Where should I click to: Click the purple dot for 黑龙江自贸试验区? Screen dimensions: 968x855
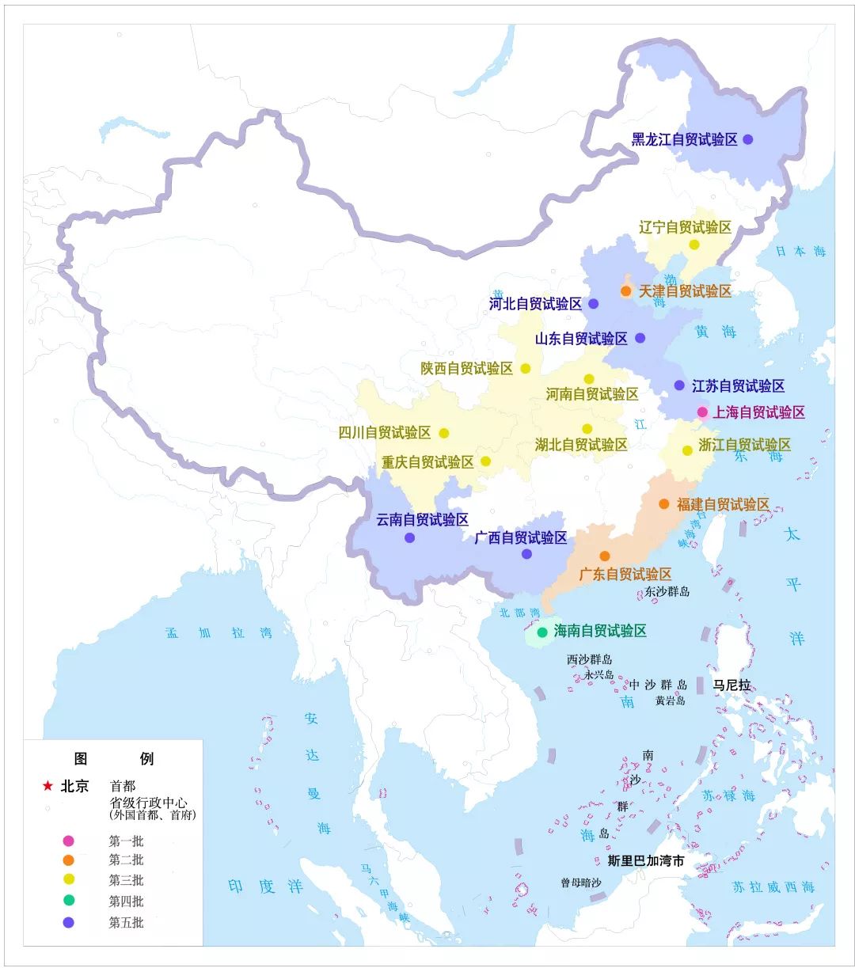(747, 139)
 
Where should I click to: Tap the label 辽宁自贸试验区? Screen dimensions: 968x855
(685, 228)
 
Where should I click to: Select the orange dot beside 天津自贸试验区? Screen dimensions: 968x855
(625, 291)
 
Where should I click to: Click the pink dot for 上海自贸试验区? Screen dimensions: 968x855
(702, 412)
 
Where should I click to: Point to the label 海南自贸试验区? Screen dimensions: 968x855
(600, 631)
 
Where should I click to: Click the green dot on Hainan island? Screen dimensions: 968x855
(542, 632)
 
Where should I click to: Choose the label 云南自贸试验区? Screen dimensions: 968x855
(422, 520)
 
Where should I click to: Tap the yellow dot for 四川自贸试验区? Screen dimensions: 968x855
(444, 433)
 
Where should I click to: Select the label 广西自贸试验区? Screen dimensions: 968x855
(521, 538)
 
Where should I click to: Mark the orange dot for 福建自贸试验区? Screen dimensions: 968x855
(663, 504)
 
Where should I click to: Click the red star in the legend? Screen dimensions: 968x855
(47, 786)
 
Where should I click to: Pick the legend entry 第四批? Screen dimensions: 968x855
(126, 901)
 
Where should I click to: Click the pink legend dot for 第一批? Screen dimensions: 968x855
(69, 841)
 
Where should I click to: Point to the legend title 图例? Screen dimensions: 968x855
(113, 758)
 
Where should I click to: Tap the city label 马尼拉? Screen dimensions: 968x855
(731, 685)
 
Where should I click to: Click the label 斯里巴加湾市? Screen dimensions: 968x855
(645, 860)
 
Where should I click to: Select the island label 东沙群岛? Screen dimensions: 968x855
(667, 591)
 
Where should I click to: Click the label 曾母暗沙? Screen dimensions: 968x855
(580, 883)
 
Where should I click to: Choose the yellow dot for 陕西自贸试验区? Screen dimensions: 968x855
(526, 368)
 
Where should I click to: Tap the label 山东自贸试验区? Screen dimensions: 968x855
(581, 339)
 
